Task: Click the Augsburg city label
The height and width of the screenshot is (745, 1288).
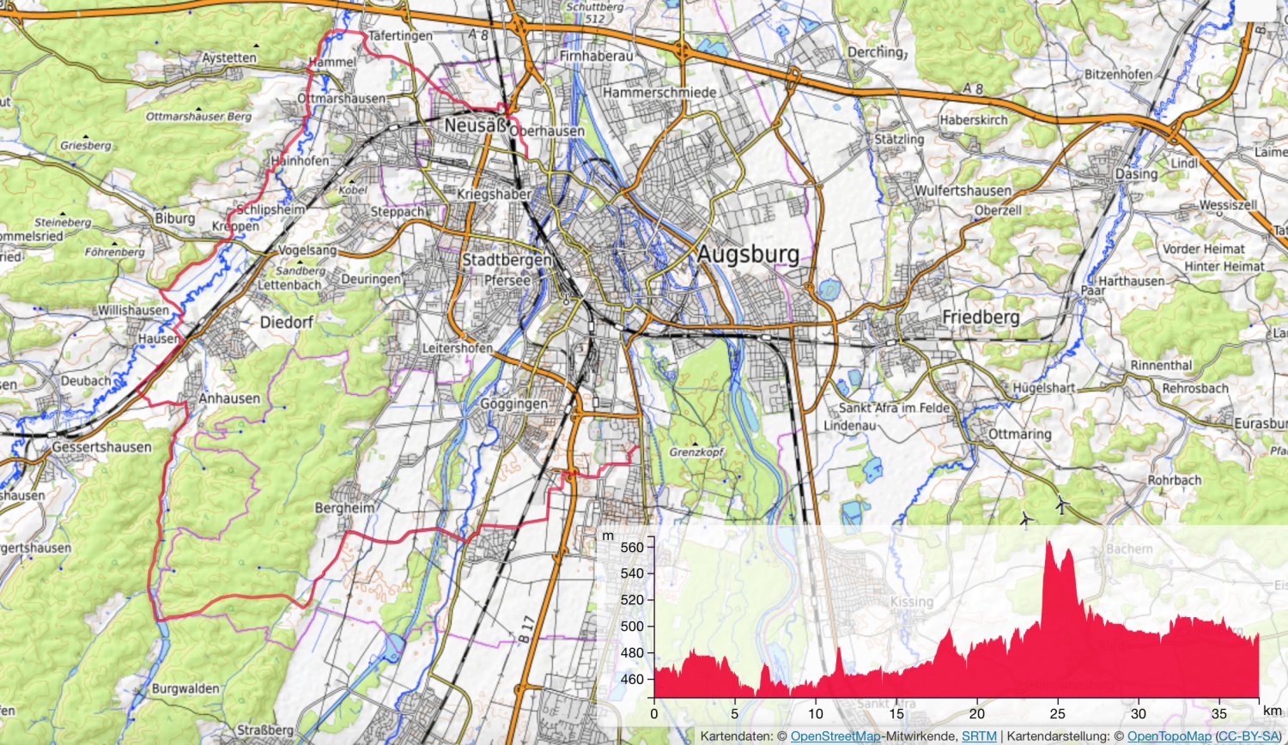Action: click(x=748, y=255)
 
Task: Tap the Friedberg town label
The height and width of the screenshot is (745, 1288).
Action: click(x=981, y=318)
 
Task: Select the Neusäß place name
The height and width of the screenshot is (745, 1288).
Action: click(x=476, y=125)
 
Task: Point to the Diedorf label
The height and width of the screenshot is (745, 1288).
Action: click(x=287, y=323)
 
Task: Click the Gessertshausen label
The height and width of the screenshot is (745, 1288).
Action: click(x=101, y=447)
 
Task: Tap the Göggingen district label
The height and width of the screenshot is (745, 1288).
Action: click(x=513, y=403)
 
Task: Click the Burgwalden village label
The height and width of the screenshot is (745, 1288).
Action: click(x=185, y=688)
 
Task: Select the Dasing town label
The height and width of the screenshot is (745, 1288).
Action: click(x=1136, y=173)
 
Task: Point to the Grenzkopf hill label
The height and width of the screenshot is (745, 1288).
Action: click(x=696, y=451)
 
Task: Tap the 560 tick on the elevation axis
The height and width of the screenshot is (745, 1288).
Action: click(x=631, y=548)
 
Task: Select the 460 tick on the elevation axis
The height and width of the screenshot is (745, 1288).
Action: click(x=631, y=679)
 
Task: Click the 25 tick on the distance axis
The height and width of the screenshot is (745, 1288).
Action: click(x=1057, y=713)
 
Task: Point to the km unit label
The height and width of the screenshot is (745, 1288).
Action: click(x=1272, y=711)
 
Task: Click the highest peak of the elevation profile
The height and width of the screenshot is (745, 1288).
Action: click(x=1049, y=542)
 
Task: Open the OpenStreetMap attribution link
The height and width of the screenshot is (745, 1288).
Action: click(x=835, y=736)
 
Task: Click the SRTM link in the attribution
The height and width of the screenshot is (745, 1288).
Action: click(x=979, y=736)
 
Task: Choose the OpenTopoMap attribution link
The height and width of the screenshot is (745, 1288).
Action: click(x=1169, y=736)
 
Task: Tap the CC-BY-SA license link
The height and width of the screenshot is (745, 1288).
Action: click(x=1249, y=736)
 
